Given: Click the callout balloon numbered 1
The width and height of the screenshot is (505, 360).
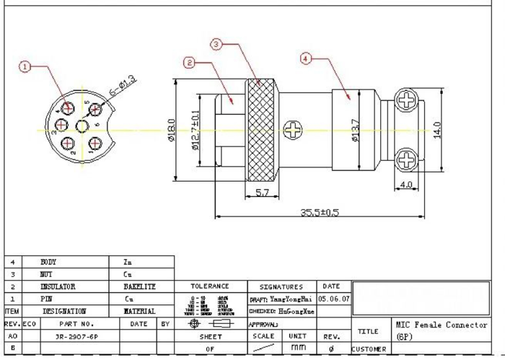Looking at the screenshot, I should pos(25,67).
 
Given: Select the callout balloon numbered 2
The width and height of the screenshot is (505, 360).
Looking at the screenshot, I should pos(190,63).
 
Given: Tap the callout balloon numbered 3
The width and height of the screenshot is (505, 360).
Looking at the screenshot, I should pos(216,45).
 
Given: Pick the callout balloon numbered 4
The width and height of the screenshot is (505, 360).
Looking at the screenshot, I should pos(306,60).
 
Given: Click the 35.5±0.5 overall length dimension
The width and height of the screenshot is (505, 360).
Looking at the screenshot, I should pos(320,212).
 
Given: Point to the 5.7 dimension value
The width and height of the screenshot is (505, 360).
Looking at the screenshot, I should pos(263,193).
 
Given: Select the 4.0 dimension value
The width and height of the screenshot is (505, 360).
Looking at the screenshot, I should pos(405,185).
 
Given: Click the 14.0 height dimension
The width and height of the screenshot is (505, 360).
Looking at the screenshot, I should pos(436,129).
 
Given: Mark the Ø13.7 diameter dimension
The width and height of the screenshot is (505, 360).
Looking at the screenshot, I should pos(355,130).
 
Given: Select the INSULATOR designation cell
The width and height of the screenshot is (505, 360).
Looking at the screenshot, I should pos(58,286).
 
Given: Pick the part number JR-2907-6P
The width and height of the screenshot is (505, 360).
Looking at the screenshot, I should pos(76,336).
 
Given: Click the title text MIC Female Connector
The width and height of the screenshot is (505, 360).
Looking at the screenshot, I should pos(441,325).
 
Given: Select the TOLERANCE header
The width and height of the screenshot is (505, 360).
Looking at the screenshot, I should pos(209,286).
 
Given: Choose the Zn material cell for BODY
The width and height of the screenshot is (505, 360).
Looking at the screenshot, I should pos(128,263).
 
